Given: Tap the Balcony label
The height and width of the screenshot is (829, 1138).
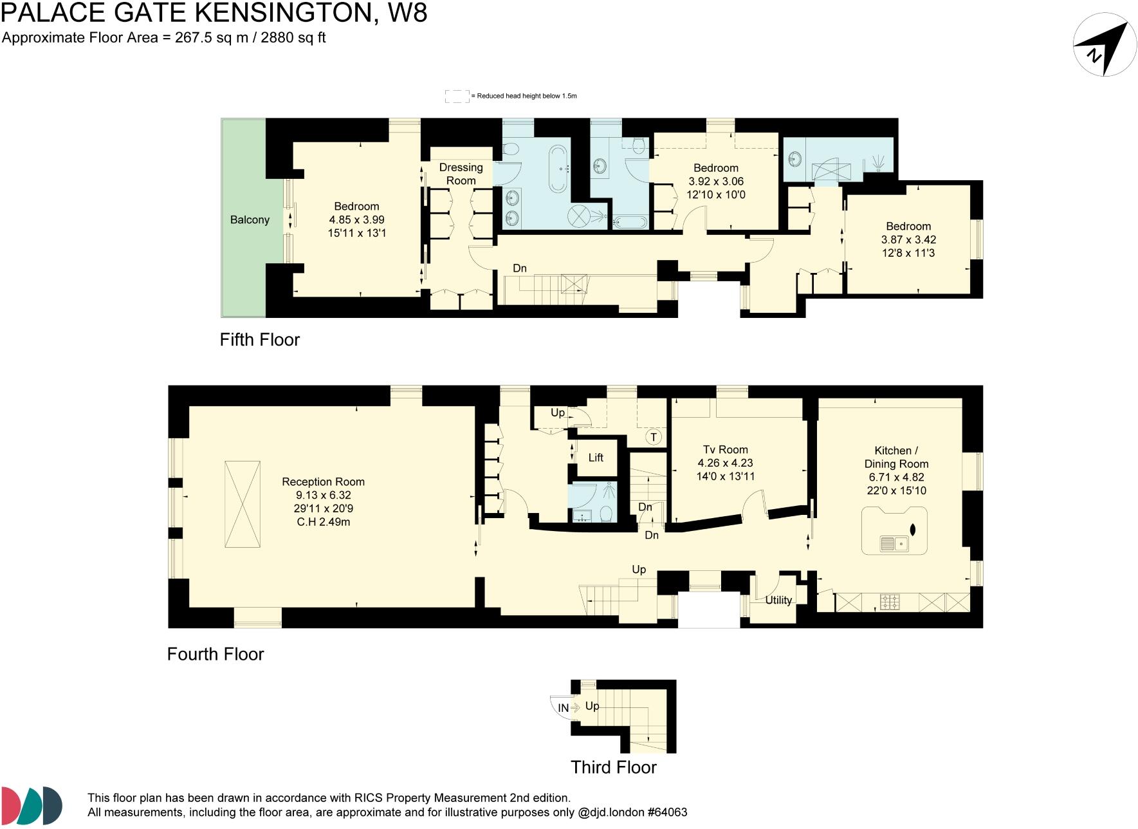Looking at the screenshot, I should [x=250, y=220].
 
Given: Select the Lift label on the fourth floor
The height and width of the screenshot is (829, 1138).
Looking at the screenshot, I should [x=596, y=458].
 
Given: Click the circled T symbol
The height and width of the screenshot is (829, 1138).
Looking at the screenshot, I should [x=654, y=438].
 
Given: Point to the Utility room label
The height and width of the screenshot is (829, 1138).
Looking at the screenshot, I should [x=778, y=600].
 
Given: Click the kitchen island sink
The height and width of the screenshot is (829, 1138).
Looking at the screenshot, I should [x=894, y=544].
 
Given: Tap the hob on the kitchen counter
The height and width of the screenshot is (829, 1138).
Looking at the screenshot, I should [x=890, y=602].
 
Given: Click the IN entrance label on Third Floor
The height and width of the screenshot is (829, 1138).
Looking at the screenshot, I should [x=564, y=708].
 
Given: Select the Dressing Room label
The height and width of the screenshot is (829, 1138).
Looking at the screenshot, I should [x=461, y=174].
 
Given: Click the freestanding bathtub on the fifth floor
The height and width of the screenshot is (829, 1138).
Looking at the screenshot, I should [x=557, y=169].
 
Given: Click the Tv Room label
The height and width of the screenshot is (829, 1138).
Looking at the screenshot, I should [x=725, y=449].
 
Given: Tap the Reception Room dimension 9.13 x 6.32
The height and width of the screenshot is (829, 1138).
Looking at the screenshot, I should [x=323, y=495].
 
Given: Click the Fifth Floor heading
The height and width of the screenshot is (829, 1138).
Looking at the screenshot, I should [x=260, y=340].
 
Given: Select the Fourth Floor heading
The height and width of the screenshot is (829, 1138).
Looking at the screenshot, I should [x=216, y=655].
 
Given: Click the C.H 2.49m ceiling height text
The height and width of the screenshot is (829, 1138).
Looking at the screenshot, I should [x=323, y=522].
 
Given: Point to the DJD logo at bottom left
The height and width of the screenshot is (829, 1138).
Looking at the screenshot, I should [x=32, y=805].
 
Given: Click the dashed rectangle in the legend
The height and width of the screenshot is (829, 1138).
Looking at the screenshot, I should [x=457, y=97].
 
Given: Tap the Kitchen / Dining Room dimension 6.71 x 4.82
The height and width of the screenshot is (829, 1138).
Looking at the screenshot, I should [x=896, y=477].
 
